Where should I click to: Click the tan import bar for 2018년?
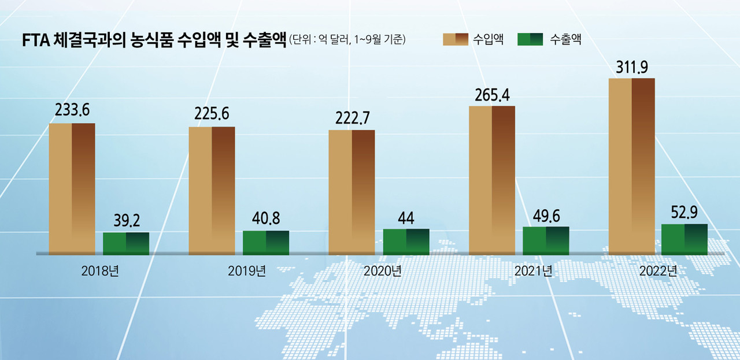[72, 188]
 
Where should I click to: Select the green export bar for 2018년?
[126, 243]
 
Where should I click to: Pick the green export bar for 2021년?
[546, 240]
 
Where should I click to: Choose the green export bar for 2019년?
[266, 242]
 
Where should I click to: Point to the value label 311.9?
[632, 68]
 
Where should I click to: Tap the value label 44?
[406, 219]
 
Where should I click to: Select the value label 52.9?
[684, 213]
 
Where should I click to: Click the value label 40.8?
[266, 221]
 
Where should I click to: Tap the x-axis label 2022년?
[658, 270]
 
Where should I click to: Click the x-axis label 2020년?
[382, 270]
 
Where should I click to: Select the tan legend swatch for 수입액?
[454, 39]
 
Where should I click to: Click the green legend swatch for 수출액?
[530, 39]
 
